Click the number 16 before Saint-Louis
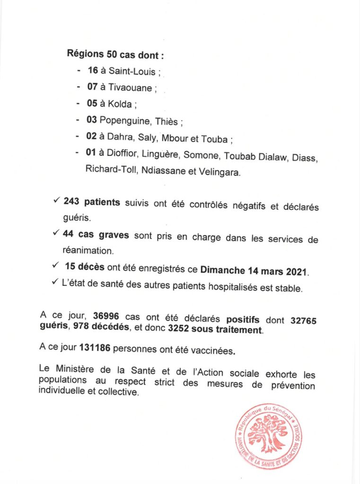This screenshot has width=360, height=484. (x=92, y=70)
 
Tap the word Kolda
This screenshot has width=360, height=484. (x=121, y=104)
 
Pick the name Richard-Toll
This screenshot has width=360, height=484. (x=110, y=172)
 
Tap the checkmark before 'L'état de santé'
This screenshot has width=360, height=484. (x=56, y=284)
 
